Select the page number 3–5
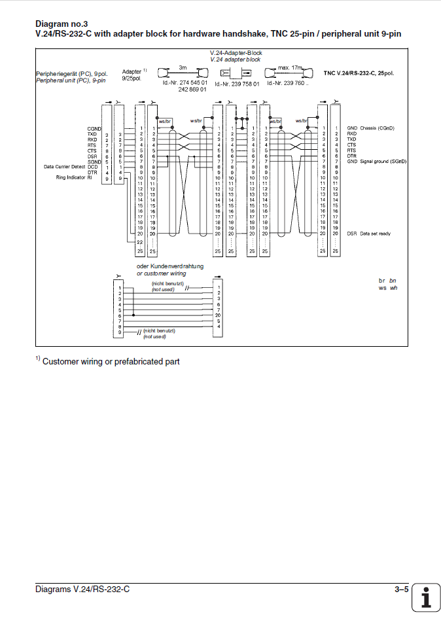pyautogui.click(x=401, y=590)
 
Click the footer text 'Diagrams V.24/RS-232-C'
pyautogui.click(x=82, y=590)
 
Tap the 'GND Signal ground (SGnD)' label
pyautogui.click(x=376, y=161)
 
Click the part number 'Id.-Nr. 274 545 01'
pyautogui.click(x=185, y=83)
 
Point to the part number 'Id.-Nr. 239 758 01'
pyautogui.click(x=237, y=84)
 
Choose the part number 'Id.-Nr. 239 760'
pyautogui.click(x=289, y=84)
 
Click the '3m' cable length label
pyautogui.click(x=184, y=67)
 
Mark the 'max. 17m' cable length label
pyautogui.click(x=289, y=67)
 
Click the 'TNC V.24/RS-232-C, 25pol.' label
pyautogui.click(x=359, y=73)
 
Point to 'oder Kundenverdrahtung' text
pyautogui.click(x=169, y=267)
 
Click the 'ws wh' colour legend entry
pyautogui.click(x=387, y=288)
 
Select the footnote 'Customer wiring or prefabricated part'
pyautogui.click(x=111, y=362)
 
